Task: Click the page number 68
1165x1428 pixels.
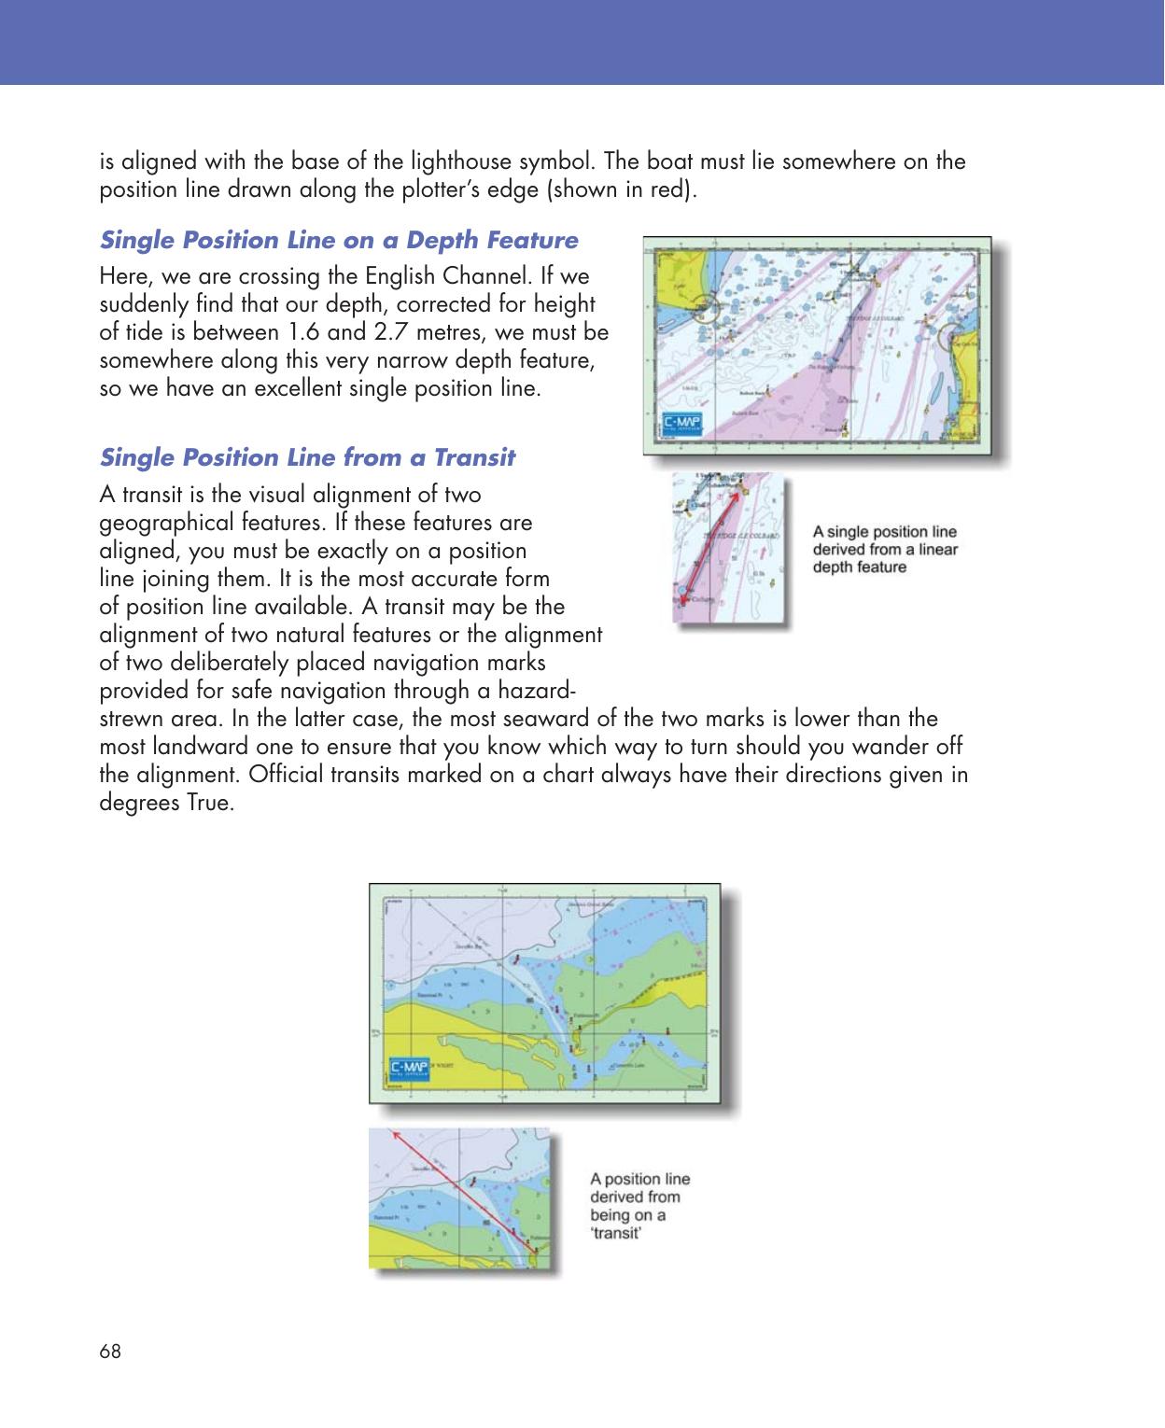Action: click(109, 1351)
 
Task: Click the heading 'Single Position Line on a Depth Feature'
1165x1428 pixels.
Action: click(339, 241)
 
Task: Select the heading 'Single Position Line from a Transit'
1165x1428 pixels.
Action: click(307, 458)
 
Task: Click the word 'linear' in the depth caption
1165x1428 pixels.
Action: click(934, 549)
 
